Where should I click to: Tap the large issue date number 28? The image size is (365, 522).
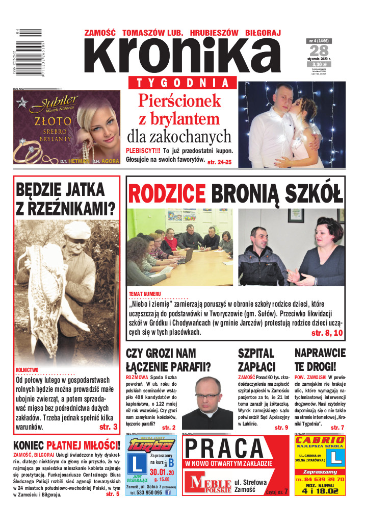click(x=319, y=51)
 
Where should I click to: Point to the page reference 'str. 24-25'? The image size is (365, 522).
click(x=219, y=162)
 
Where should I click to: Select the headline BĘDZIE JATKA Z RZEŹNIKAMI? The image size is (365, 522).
click(x=66, y=198)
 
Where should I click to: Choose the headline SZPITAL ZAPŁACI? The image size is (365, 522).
click(x=257, y=360)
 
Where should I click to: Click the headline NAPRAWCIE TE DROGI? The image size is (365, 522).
click(x=320, y=360)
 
